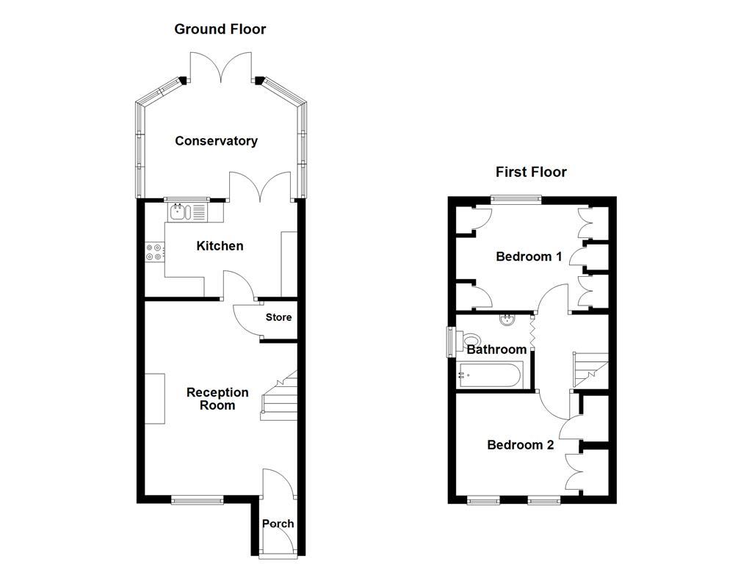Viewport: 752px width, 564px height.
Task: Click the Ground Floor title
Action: click(220, 29)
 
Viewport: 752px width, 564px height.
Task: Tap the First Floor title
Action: click(531, 172)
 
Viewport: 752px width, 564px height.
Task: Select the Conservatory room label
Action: click(216, 141)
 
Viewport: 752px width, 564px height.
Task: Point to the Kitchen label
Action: click(220, 246)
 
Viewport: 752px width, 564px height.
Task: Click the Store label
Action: click(279, 317)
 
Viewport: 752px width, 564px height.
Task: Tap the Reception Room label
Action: click(217, 399)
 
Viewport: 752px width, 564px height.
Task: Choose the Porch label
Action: click(278, 524)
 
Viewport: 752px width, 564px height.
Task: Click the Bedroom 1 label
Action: click(529, 256)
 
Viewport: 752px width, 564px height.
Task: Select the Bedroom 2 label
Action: click(520, 445)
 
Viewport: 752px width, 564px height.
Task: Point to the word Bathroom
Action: click(497, 350)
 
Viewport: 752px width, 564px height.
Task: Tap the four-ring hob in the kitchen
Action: click(154, 252)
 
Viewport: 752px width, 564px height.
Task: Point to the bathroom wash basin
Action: click(507, 319)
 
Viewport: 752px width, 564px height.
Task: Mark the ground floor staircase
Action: click(279, 397)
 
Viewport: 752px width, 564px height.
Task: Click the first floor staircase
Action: click(590, 369)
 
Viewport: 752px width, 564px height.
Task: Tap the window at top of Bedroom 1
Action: click(516, 198)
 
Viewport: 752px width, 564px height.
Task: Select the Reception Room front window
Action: click(198, 500)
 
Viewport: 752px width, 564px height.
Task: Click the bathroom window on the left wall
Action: click(451, 341)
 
